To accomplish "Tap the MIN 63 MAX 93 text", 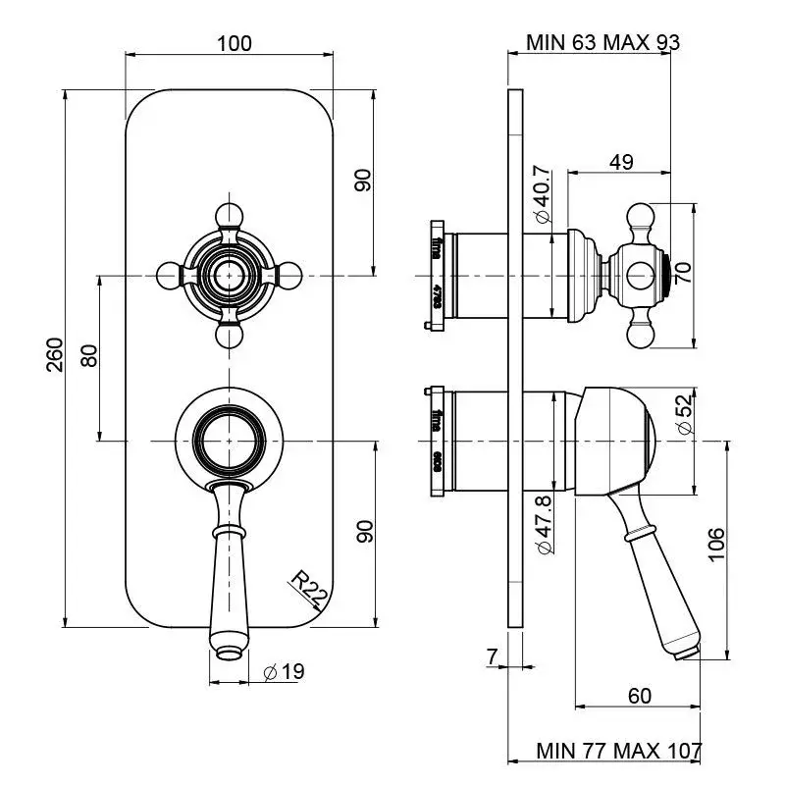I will (602, 43).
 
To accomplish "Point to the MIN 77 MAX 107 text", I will (619, 751).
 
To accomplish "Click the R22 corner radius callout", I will (310, 591).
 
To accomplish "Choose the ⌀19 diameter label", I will (286, 671).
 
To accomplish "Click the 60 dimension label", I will (639, 696).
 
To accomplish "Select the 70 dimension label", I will (684, 273).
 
